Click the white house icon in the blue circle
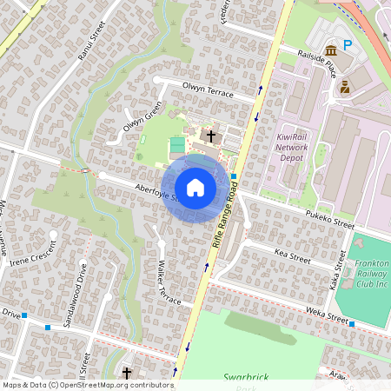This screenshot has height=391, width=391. pyautogui.click(x=195, y=187)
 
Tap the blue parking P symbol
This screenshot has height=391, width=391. pyautogui.click(x=348, y=45)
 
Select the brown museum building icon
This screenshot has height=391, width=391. pyautogui.click(x=330, y=50)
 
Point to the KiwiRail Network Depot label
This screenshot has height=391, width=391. pyautogui.click(x=292, y=148)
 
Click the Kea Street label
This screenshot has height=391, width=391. pyautogui.click(x=292, y=255)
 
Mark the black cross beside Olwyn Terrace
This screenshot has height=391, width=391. pyautogui.click(x=209, y=136)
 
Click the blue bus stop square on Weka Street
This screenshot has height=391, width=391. pyautogui.click(x=352, y=324)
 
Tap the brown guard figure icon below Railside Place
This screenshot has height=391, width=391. pyautogui.click(x=345, y=87)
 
